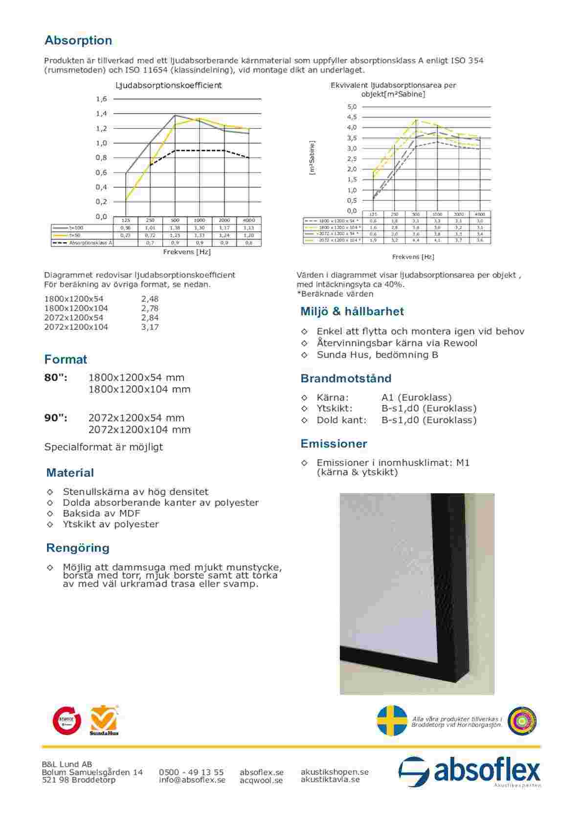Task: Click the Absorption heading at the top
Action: pos(78,41)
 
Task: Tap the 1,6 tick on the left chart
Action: pos(101,99)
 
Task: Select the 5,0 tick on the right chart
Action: pos(352,107)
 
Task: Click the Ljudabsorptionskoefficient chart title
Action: pos(168,86)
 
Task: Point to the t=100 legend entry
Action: pos(76,228)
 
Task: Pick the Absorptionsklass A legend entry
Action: pos(90,242)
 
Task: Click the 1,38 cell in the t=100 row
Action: pos(175,228)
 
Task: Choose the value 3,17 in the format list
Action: pos(150,327)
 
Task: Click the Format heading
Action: pos(66,360)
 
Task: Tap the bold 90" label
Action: pos(56,418)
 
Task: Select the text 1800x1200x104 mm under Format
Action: pos(139,390)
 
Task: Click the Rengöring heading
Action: pos(78,548)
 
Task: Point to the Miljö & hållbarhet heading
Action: pos(352,312)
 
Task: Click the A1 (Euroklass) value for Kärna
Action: pos(417,397)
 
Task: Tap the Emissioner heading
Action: pos(334,444)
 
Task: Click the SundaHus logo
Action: pos(104,720)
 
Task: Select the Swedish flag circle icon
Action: pos(392,720)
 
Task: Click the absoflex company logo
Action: pos(470,772)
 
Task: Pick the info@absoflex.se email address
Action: pos(192,780)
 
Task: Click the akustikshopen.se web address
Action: pos(335,772)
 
